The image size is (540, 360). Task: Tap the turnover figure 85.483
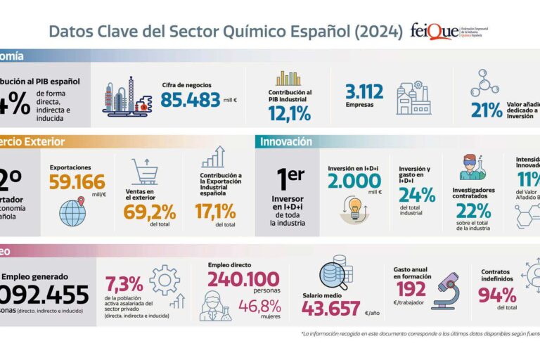click(x=190, y=101)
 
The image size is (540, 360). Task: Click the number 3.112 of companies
click(x=364, y=92)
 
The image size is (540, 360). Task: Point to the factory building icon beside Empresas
click(x=413, y=98)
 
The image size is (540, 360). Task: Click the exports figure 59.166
click(x=77, y=183)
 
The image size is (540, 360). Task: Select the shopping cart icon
click(x=145, y=172)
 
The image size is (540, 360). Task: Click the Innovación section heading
click(x=286, y=142)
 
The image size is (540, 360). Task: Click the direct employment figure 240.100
click(x=243, y=278)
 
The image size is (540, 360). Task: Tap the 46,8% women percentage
click(x=259, y=307)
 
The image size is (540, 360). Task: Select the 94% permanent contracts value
click(x=497, y=295)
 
